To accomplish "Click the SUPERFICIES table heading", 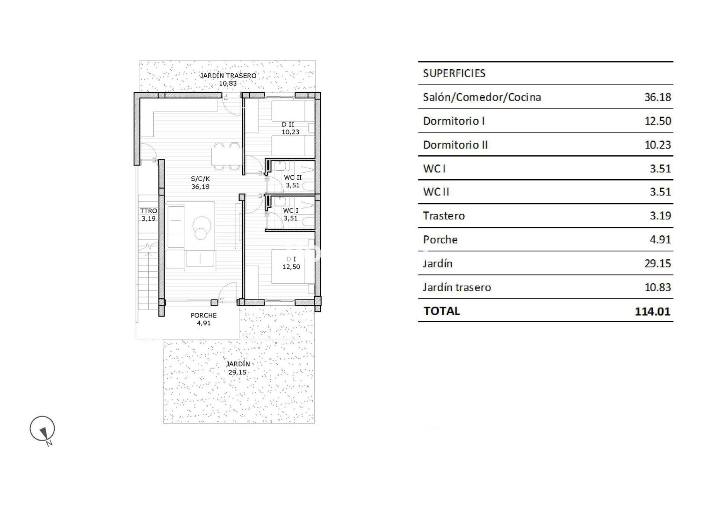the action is [454, 73].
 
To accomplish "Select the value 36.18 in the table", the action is [657, 97].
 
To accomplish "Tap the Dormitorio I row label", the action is [454, 121].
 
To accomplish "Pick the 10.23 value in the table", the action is [657, 145].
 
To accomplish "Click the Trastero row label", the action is [444, 216].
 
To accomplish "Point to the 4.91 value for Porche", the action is [660, 239].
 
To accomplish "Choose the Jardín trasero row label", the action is [457, 287].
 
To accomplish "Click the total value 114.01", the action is [652, 311].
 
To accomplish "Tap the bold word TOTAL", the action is [441, 311].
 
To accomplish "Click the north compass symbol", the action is [43, 429].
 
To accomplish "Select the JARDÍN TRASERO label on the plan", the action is [228, 76].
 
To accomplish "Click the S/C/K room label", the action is [201, 179].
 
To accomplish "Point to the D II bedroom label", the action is [288, 124].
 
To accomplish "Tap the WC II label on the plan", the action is [293, 178].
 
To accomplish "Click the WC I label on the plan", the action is [290, 211].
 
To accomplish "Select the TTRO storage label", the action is [148, 211].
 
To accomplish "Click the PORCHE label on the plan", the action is [203, 315].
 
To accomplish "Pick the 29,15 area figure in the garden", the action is [238, 372].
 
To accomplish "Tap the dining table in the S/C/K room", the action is [226, 157].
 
